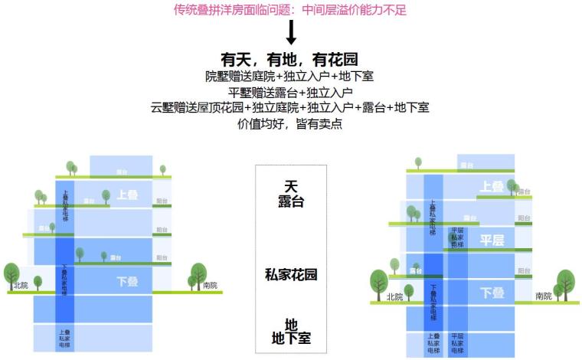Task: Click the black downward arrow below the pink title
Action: click(x=291, y=33)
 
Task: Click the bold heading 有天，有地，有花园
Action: click(x=289, y=60)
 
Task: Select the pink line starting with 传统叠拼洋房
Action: click(x=290, y=10)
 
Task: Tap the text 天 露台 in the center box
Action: click(x=291, y=195)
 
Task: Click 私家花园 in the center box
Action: click(x=291, y=274)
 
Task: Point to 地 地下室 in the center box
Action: click(x=291, y=331)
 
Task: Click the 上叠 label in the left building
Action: click(x=128, y=195)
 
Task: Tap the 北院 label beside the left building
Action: click(x=21, y=286)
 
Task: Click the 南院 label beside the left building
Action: click(x=209, y=286)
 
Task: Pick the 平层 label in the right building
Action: click(x=492, y=240)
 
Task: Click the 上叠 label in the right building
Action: click(x=492, y=186)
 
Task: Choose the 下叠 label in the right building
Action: click(x=492, y=293)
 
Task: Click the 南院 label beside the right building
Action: click(x=543, y=296)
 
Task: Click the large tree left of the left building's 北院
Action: click(x=11, y=274)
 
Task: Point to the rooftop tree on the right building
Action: click(x=417, y=163)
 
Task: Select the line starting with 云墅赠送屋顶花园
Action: click(x=290, y=107)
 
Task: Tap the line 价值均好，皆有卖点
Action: click(x=290, y=123)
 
